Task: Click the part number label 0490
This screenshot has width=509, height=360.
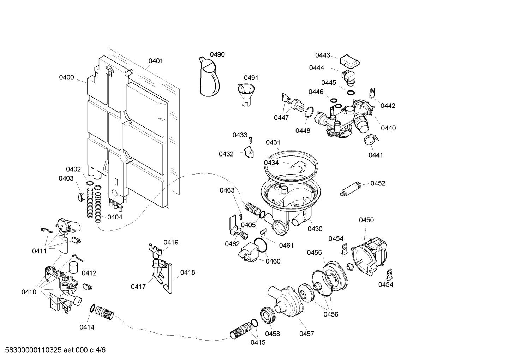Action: [217, 55]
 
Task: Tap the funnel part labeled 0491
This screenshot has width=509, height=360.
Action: [244, 94]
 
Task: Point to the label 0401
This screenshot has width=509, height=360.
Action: [155, 61]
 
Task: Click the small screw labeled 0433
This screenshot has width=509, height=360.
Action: [251, 140]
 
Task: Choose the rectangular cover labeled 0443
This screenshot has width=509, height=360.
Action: [349, 61]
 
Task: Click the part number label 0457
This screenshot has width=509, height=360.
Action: [306, 334]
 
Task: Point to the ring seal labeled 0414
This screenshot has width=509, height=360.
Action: [92, 308]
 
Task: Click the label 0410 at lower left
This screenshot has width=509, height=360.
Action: [29, 292]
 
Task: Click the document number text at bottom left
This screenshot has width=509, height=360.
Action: [53, 350]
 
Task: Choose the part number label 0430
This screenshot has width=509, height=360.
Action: [315, 229]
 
